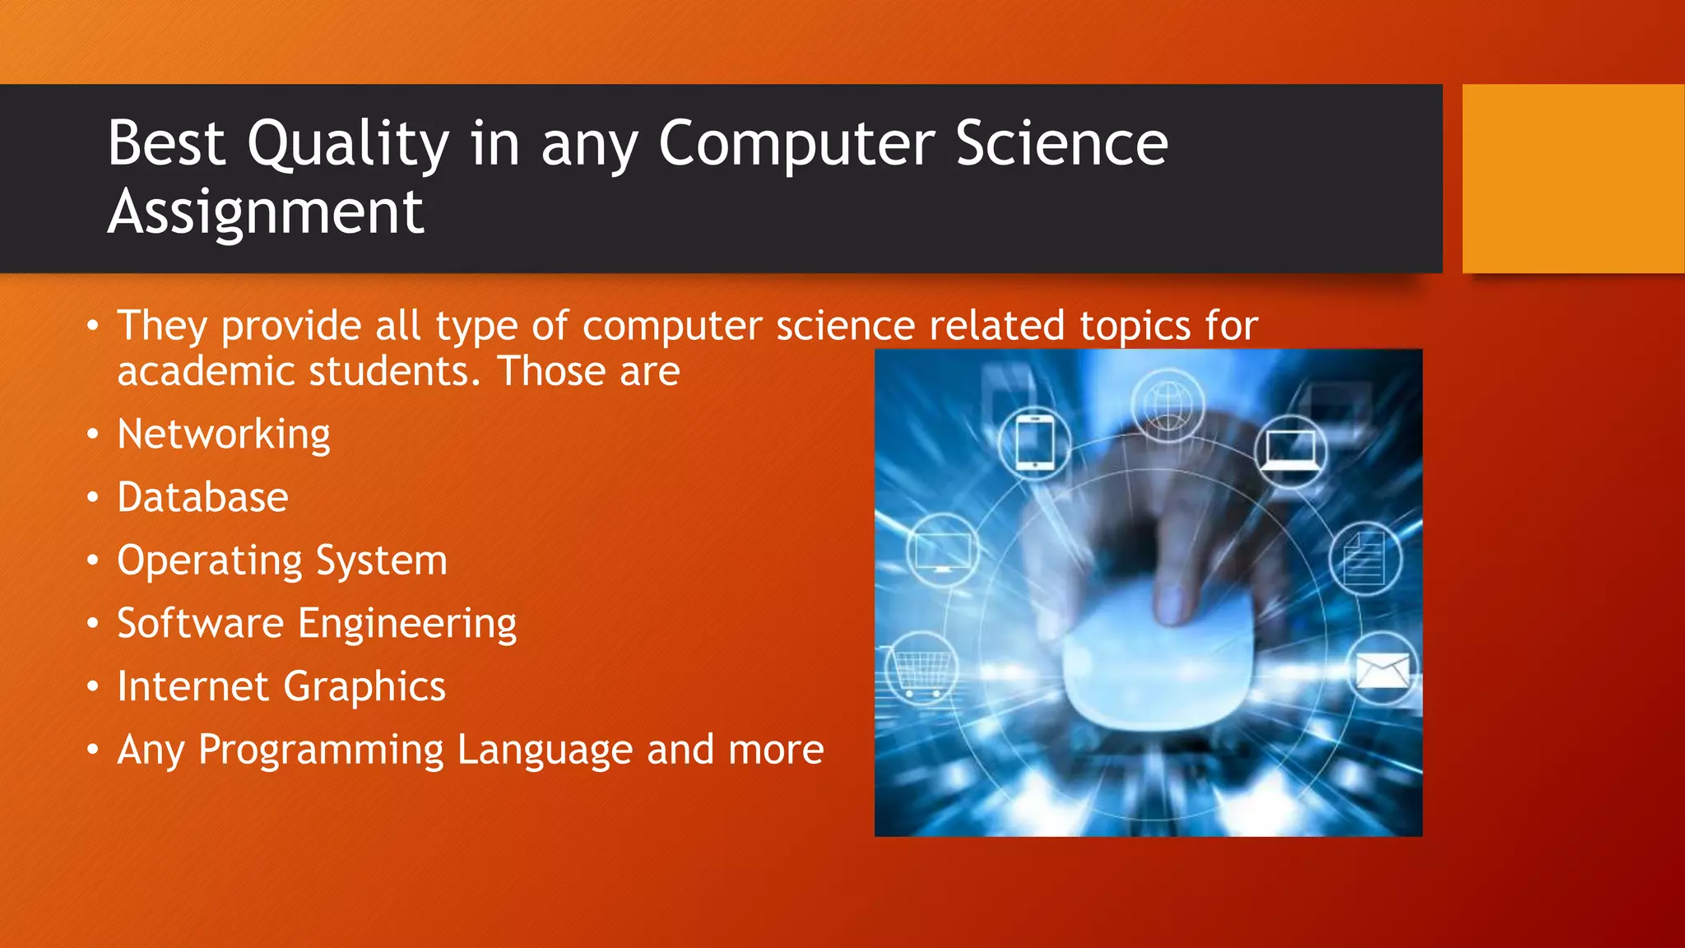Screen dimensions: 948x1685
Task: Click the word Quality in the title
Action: tap(348, 145)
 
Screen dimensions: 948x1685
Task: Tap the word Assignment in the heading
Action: tap(265, 212)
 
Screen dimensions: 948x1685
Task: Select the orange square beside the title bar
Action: tap(1572, 179)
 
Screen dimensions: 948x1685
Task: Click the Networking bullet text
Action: tap(223, 434)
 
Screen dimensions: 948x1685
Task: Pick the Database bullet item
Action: tap(202, 498)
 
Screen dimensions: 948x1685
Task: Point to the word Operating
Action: tap(210, 561)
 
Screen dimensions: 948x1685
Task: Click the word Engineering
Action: tap(407, 624)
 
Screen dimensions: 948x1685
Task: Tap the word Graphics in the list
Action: tap(364, 687)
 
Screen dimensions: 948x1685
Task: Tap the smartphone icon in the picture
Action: tap(1034, 443)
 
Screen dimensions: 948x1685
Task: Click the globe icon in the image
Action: tap(1167, 405)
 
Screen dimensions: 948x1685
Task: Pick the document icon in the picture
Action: tap(1364, 559)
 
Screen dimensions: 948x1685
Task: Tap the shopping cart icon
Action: tap(921, 668)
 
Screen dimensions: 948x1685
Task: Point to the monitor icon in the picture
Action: tap(943, 550)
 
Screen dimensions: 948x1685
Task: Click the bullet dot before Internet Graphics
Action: tap(93, 686)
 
